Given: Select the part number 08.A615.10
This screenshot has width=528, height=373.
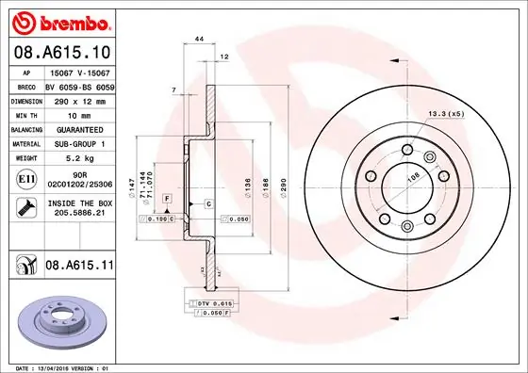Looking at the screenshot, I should click(x=60, y=53).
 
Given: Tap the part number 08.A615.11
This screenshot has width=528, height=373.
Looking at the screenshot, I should click(x=80, y=268).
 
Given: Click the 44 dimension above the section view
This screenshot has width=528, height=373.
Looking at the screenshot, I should click(x=199, y=38).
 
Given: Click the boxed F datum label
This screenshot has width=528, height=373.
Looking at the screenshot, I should click(x=165, y=199).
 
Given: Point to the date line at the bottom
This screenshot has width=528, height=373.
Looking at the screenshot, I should click(x=61, y=366).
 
